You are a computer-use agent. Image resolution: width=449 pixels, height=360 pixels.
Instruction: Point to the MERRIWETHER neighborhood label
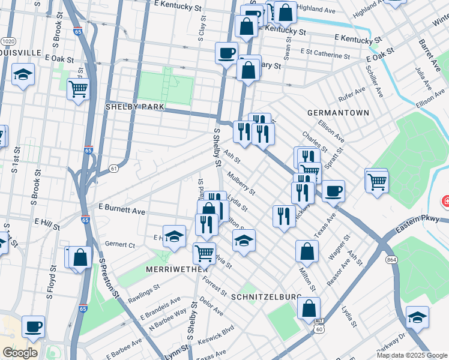coord(176,270)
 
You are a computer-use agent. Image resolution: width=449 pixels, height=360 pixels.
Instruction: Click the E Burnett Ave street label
coord(122,211)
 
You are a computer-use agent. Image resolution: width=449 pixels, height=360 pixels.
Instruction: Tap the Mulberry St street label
coord(241,184)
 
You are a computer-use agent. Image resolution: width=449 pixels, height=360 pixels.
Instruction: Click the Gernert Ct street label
coord(121,245)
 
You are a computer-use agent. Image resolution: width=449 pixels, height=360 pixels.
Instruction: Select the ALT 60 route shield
coord(319,325)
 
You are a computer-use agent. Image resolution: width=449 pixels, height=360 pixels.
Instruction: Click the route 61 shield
coord(113,169)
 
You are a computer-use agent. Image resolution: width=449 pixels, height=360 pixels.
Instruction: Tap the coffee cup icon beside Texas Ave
coord(333,191)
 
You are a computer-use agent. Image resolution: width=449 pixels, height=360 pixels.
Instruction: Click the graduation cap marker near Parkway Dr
coord(417,316)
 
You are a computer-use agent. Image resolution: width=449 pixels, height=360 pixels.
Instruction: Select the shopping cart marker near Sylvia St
coord(204,253)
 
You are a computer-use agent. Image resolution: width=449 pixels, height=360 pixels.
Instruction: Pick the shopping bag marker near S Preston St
coord(80,258)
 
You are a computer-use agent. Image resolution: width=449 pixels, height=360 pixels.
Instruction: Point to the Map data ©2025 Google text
coord(412,355)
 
